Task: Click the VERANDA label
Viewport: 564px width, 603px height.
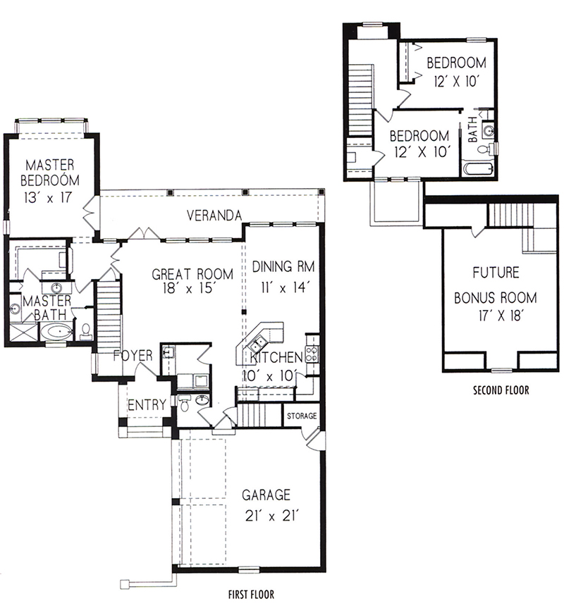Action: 214,216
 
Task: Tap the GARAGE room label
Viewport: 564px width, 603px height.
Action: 266,495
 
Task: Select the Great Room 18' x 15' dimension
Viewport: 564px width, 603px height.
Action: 189,288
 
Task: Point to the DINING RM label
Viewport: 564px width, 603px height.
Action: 283,266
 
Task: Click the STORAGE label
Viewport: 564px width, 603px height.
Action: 302,416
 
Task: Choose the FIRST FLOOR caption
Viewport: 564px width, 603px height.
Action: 251,594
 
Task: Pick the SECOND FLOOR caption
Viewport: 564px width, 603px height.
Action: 501,390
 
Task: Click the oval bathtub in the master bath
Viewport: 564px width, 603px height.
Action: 56,332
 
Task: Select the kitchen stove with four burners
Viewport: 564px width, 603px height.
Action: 312,354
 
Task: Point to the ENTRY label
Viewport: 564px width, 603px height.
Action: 147,405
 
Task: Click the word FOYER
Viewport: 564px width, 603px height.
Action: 133,355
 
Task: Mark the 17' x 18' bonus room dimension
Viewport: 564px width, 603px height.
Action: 500,316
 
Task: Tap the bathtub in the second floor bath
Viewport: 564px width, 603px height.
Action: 478,169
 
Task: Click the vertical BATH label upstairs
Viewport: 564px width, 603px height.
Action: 473,129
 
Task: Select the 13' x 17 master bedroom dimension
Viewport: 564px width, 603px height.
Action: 48,198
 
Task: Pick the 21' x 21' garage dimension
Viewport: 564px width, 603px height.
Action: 272,516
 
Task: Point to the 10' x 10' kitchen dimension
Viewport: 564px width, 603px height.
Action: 270,375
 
